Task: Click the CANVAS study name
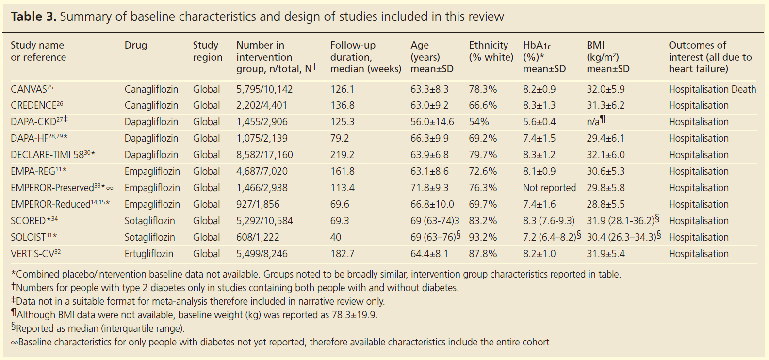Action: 29,89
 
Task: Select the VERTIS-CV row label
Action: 33,254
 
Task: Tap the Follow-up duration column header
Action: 365,57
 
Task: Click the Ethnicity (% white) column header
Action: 491,51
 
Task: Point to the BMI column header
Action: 607,57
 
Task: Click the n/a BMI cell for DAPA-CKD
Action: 595,121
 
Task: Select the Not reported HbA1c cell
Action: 549,188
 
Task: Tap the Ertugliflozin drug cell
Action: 148,254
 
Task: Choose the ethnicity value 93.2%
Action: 482,237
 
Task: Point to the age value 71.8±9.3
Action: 429,188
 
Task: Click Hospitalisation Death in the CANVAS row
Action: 712,89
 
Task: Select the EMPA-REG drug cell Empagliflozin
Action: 152,171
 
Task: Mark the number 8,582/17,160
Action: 264,155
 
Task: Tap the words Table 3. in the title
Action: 33,16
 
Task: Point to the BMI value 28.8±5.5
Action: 605,204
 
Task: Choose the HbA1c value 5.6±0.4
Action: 539,122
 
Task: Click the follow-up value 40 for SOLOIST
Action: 335,237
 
